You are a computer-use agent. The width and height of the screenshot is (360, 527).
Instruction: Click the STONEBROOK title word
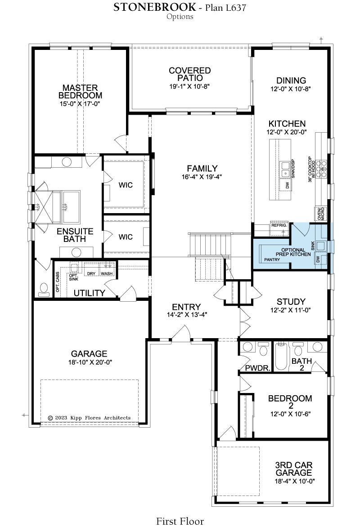pyautogui.click(x=154, y=7)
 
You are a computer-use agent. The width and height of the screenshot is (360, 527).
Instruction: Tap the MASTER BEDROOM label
pyautogui.click(x=80, y=91)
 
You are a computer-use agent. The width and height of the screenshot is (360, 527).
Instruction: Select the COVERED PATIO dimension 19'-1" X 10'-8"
pyautogui.click(x=189, y=86)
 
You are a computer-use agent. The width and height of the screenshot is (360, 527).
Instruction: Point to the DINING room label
pyautogui.click(x=291, y=80)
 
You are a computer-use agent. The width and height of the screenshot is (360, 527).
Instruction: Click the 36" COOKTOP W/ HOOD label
pyautogui.click(x=312, y=170)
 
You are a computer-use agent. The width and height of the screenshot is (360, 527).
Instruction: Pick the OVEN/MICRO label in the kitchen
pyautogui.click(x=321, y=214)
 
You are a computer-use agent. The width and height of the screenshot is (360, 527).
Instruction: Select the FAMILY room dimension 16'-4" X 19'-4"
pyautogui.click(x=202, y=176)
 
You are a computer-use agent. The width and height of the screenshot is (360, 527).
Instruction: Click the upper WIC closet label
pyautogui.click(x=126, y=185)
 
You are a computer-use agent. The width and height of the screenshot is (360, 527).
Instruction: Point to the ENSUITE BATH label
pyautogui.click(x=75, y=235)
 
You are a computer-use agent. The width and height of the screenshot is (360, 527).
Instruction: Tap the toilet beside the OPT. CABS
pyautogui.click(x=43, y=290)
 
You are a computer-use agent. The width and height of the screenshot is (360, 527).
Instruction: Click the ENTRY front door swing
pyautogui.click(x=182, y=333)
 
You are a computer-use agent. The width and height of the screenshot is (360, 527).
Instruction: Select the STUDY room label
pyautogui.click(x=291, y=301)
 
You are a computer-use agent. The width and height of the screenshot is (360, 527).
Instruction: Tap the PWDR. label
pyautogui.click(x=258, y=368)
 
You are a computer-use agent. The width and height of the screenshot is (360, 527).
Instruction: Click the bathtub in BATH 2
pyautogui.click(x=282, y=356)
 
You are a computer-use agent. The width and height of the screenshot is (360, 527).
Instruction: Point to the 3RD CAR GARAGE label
pyautogui.click(x=294, y=469)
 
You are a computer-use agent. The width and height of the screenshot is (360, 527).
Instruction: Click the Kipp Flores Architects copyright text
pyautogui.click(x=89, y=418)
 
